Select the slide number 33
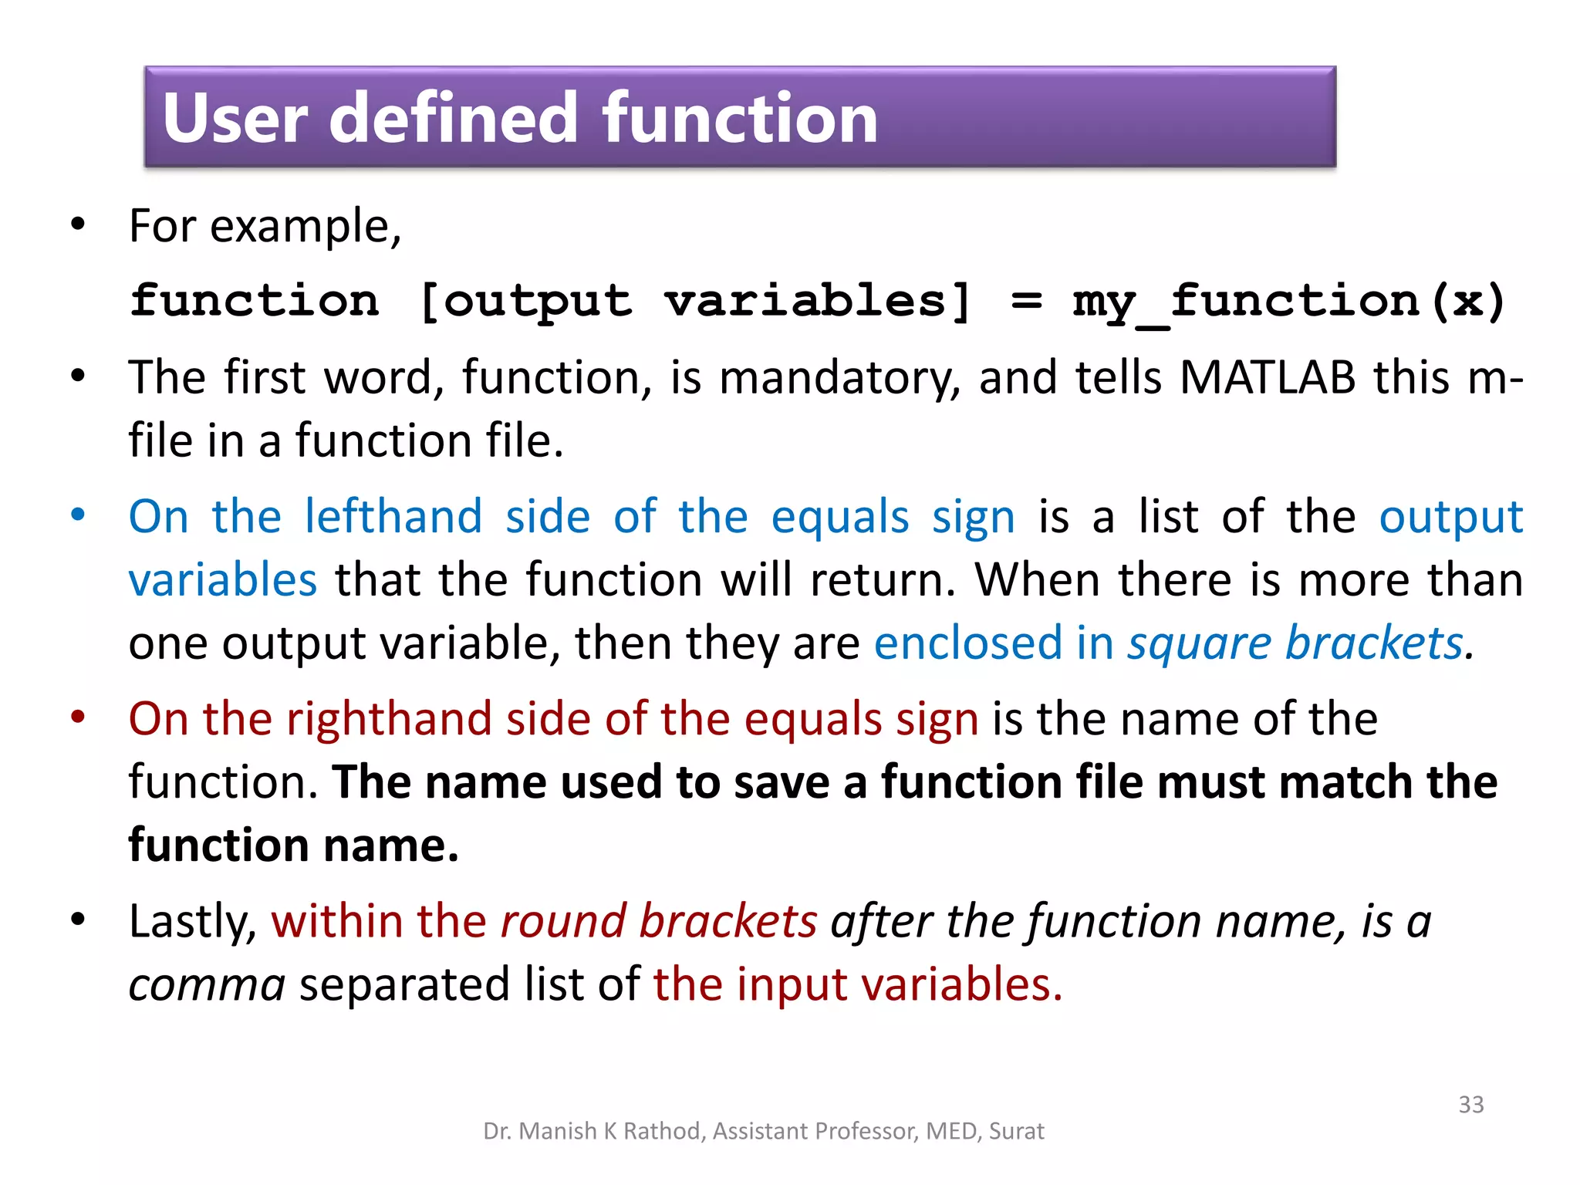pos(1470,1104)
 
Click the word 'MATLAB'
pos(1267,378)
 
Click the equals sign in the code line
pos(1026,301)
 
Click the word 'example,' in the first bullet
pos(306,227)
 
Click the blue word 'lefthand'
pos(393,517)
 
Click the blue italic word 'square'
pos(1199,643)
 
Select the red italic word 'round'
pos(563,921)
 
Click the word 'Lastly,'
pos(193,921)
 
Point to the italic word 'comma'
pos(207,986)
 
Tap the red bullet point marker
pos(78,717)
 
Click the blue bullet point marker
pos(78,515)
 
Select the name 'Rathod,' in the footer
pos(664,1131)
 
